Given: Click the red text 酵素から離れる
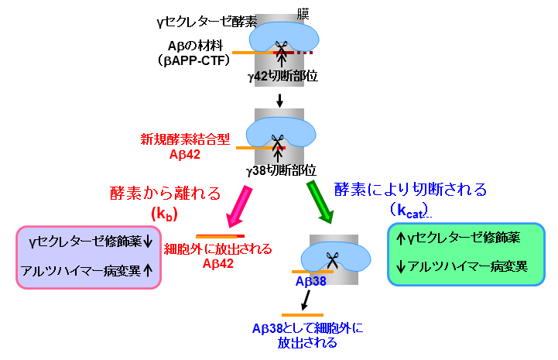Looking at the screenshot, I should [x=166, y=193].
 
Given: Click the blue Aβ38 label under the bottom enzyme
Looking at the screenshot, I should [x=311, y=282].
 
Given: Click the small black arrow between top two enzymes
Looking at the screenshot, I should [x=280, y=100].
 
